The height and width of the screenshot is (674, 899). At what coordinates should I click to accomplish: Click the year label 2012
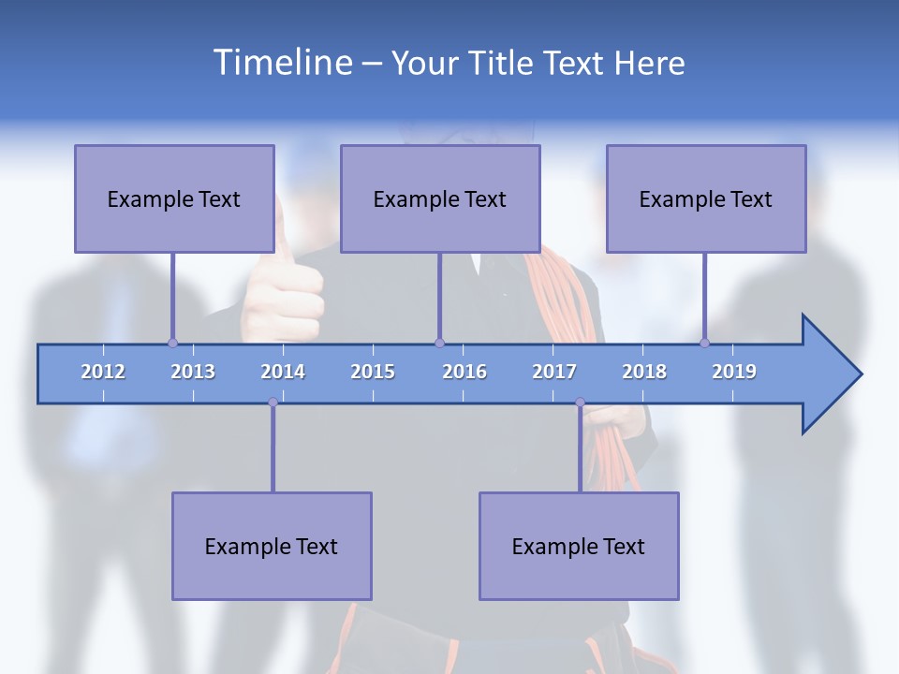coord(103,372)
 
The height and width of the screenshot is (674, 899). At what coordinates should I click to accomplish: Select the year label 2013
coord(193,372)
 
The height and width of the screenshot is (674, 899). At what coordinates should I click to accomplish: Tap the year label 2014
coord(283,372)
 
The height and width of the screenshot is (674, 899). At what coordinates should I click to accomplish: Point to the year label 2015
coord(373,372)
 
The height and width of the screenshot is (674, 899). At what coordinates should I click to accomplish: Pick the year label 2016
coord(464,372)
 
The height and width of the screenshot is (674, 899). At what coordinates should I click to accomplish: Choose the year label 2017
coord(554,372)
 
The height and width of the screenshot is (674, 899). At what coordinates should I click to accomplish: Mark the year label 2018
coord(644,372)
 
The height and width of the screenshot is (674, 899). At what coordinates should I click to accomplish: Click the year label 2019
coord(734,372)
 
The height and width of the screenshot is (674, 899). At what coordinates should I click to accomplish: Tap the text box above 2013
coord(174,198)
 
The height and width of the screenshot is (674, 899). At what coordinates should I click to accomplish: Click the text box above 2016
coord(440,198)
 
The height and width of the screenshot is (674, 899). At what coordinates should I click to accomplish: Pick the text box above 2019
coord(706,198)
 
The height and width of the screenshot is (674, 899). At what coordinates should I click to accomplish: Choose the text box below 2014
coord(272,546)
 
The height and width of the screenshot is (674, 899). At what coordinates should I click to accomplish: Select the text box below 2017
coord(579,546)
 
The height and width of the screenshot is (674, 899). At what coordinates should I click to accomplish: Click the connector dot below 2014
coord(273,403)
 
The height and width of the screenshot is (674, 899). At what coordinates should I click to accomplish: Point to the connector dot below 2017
coord(580,403)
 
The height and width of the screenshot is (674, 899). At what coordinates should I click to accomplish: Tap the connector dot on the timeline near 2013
coord(172,343)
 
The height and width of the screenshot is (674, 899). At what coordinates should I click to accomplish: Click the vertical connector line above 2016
coord(440,298)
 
